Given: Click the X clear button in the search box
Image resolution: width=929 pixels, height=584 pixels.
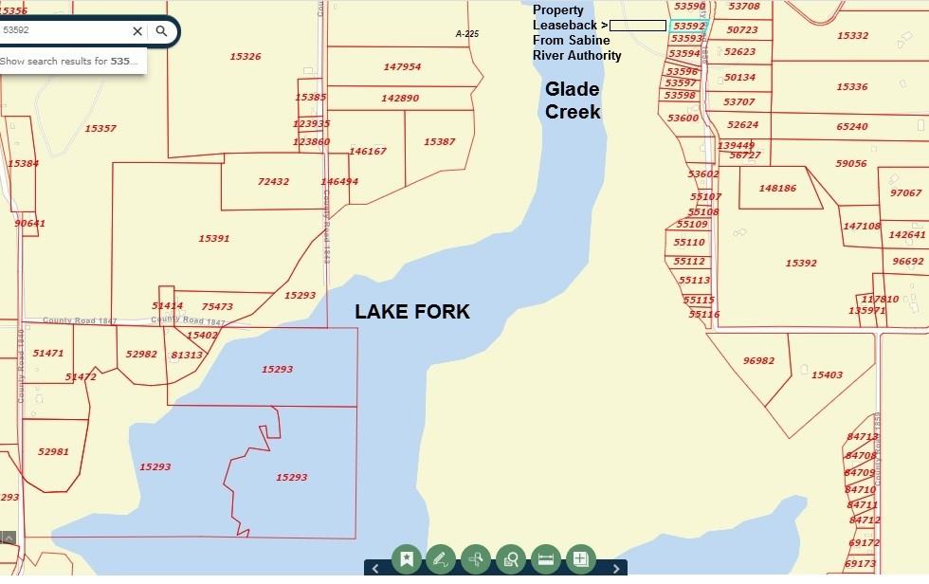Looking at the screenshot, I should tap(137, 31).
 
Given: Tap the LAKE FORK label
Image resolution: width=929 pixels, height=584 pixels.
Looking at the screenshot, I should tap(411, 312).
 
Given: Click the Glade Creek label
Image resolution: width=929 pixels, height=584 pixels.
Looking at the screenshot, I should tap(573, 100).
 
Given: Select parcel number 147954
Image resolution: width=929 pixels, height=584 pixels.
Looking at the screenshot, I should tap(402, 67).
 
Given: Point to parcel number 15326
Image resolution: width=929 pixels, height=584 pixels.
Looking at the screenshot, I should tap(245, 57).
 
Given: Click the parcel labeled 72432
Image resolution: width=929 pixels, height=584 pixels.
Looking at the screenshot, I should tap(273, 181).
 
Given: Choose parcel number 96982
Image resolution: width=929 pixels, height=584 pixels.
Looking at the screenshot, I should tap(758, 360).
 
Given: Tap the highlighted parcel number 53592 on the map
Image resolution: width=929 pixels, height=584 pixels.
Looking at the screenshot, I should tap(689, 27).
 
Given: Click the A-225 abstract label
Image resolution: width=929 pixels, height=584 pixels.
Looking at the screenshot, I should tap(467, 34).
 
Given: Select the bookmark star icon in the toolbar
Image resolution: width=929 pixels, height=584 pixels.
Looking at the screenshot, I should tap(407, 559).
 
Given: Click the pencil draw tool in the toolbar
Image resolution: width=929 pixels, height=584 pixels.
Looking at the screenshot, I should tap(441, 559).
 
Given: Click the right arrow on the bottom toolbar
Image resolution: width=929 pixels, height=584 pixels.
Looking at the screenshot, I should tap(616, 568).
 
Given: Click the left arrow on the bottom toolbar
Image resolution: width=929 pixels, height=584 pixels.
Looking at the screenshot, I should tap(375, 568).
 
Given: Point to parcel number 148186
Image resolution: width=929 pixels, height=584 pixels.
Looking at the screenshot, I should tap(777, 188).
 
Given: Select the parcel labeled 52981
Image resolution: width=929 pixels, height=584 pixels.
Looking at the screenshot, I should tap(53, 451).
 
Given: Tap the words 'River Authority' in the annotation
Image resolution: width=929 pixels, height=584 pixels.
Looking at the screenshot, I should tap(576, 55).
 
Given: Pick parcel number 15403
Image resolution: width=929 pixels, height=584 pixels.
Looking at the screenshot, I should tap(827, 375).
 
